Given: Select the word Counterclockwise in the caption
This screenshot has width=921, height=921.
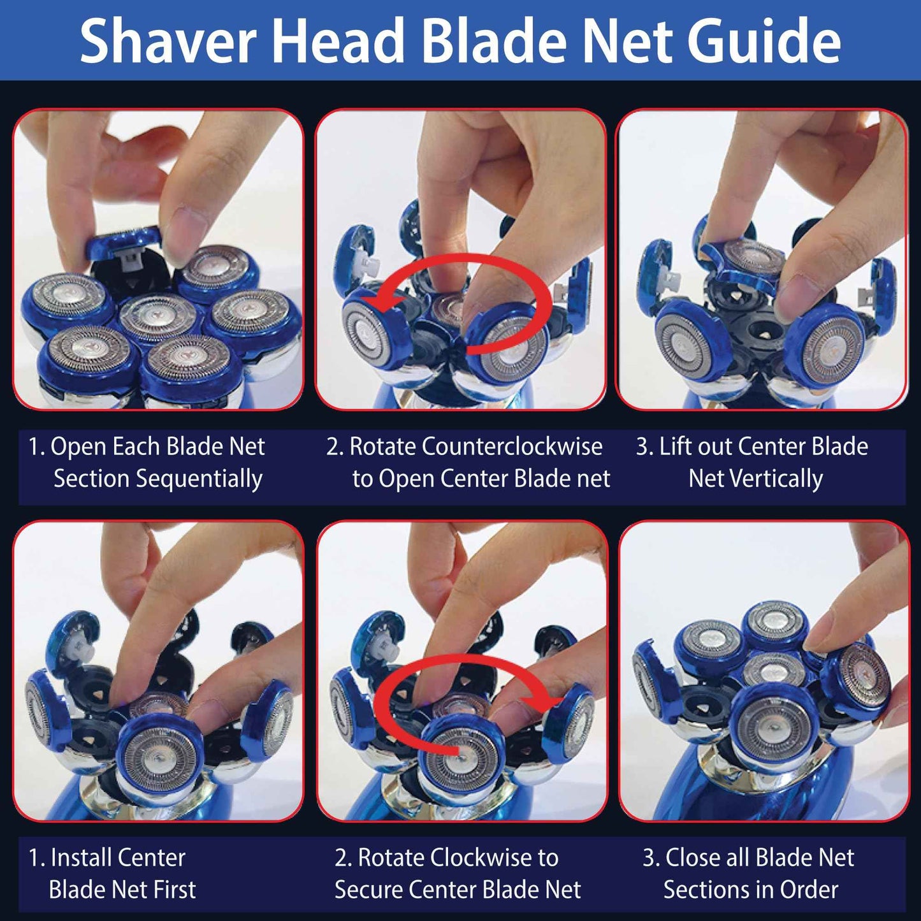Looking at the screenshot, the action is point(512,447).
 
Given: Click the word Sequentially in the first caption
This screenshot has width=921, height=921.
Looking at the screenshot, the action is point(158,479).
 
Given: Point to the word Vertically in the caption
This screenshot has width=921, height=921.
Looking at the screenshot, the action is point(756,479).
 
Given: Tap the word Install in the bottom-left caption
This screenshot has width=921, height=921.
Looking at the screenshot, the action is point(81,858).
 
